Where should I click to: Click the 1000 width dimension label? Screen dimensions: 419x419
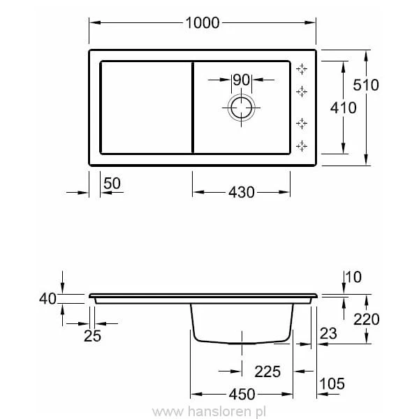203,22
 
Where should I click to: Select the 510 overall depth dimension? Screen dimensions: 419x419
366,85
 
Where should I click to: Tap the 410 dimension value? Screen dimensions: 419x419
342,108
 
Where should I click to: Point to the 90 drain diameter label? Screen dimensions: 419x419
241,80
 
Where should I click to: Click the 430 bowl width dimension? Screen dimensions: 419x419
241,192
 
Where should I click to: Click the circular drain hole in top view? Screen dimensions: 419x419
241,108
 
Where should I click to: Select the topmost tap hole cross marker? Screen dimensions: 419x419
302,68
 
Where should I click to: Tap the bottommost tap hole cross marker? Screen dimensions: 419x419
302,145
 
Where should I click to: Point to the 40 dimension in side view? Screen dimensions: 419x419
47,299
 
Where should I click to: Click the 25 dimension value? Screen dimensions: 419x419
92,337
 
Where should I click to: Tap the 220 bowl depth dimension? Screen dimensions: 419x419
366,319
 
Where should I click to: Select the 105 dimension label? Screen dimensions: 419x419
332,383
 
